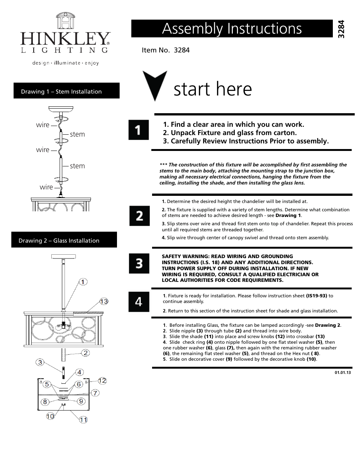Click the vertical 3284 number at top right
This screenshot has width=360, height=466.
pos(342,28)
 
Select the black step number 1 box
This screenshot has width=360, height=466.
pos(138,130)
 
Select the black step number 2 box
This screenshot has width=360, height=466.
pos(139,216)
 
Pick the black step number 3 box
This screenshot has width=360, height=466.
pos(139,263)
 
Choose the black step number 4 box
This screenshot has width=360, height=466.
pos(139,301)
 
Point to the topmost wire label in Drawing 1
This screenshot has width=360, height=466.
pos(43,125)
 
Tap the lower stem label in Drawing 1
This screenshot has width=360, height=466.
pos(77,166)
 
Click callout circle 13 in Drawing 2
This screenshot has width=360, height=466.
pos(104,301)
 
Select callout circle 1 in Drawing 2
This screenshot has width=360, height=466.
pos(83,281)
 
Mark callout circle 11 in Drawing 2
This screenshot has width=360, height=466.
pos(83,420)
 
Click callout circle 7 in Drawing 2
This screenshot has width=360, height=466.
pos(95,393)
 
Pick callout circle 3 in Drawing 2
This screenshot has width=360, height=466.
pos(40,362)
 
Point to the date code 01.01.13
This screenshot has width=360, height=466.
pos(343,372)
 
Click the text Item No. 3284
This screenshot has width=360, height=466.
pos(166,50)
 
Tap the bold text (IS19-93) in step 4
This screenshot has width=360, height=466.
pos(316,296)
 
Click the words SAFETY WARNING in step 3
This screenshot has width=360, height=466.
pos(182,256)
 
